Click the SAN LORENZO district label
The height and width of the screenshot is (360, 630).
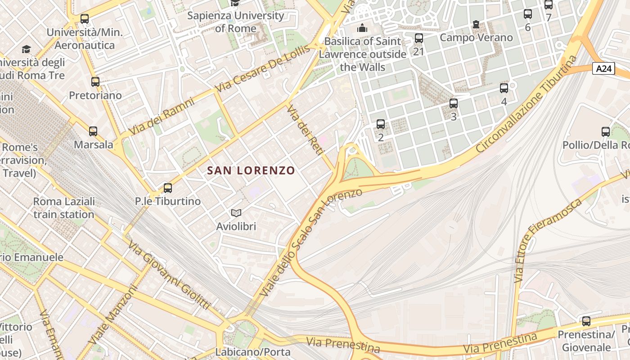click(x=251, y=171)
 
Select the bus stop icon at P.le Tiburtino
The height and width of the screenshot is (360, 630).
click(x=168, y=188)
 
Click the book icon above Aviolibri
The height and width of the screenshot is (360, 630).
click(x=236, y=213)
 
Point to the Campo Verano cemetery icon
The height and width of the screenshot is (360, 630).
click(x=476, y=24)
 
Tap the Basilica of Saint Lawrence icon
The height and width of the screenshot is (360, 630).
click(x=362, y=28)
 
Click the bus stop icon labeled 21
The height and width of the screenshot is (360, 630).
click(x=419, y=38)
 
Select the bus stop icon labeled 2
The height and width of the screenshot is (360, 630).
click(x=381, y=124)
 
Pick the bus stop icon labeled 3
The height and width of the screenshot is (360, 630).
click(x=454, y=103)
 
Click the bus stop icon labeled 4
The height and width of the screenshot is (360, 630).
click(x=504, y=88)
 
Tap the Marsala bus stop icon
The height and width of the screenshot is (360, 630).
click(x=93, y=131)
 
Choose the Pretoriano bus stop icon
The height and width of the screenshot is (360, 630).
click(x=95, y=82)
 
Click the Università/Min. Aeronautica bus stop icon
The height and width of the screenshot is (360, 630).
click(x=85, y=19)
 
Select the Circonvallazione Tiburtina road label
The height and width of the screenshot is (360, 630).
click(x=526, y=104)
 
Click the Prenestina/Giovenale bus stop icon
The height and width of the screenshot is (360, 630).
click(x=586, y=321)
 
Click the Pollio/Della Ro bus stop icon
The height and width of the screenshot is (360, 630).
click(x=606, y=132)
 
